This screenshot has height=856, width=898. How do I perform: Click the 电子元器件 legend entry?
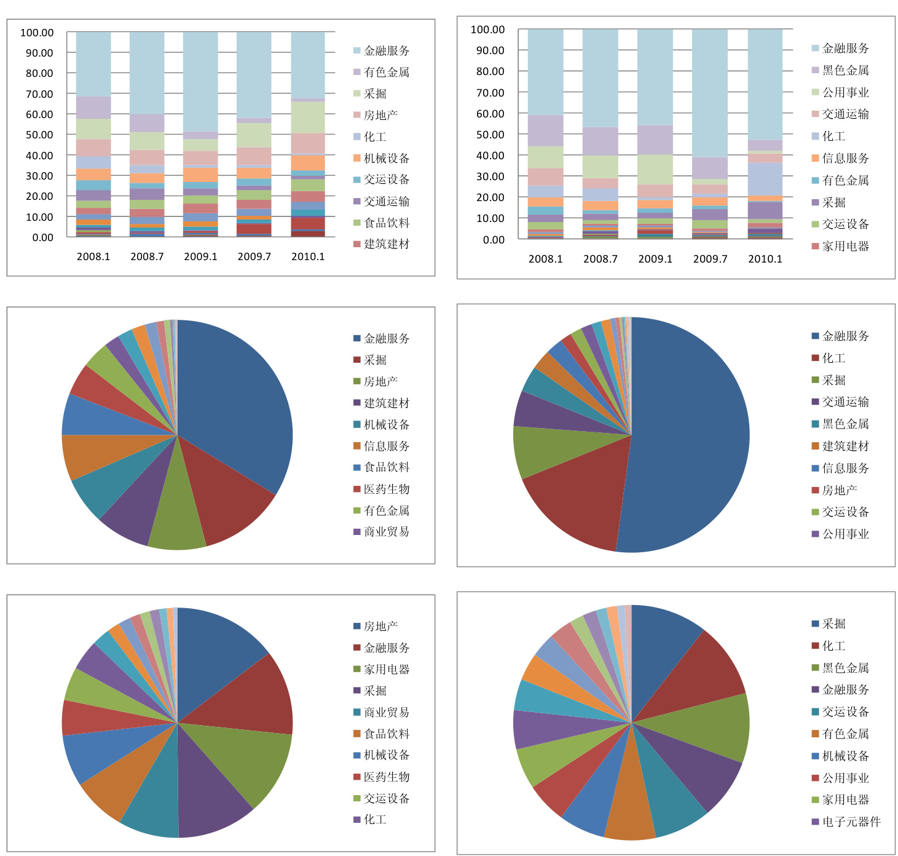(x=851, y=822)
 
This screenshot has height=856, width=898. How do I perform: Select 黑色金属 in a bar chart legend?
(x=845, y=70)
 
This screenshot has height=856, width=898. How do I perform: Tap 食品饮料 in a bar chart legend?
(x=386, y=223)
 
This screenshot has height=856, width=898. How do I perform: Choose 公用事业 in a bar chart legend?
(x=845, y=92)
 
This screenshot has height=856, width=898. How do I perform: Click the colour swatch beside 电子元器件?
(x=815, y=822)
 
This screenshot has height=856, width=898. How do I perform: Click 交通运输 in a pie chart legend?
(x=845, y=402)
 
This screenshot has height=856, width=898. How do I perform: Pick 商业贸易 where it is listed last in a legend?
(x=386, y=531)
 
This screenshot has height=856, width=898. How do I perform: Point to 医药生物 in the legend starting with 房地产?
(x=386, y=777)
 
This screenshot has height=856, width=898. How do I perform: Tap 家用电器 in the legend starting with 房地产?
(x=386, y=669)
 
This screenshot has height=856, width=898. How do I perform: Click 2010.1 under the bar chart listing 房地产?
(x=308, y=256)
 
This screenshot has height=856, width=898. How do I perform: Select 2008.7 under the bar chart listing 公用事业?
(x=601, y=259)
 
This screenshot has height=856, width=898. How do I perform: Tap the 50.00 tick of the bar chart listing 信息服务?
(x=490, y=135)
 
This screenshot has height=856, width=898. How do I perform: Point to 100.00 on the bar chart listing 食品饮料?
(x=37, y=33)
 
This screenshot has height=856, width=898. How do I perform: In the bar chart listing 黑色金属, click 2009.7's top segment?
(x=710, y=92)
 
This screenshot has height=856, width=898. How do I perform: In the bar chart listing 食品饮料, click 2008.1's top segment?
(x=93, y=64)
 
